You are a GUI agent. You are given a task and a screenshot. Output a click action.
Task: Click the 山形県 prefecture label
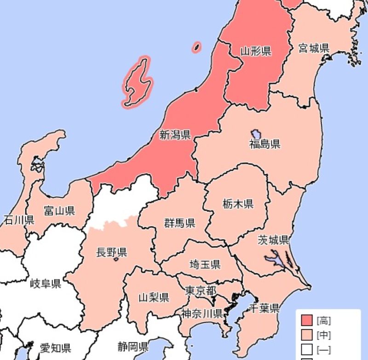click(x=256, y=51)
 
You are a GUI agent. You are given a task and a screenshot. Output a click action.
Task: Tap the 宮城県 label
click(x=314, y=48)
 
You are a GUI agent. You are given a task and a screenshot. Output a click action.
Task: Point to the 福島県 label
click(x=265, y=145)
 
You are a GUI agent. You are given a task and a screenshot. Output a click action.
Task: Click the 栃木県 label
click(x=238, y=203)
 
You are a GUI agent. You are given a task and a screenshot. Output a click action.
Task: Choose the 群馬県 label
click(x=180, y=223)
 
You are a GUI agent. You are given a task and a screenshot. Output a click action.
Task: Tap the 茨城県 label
click(x=273, y=240)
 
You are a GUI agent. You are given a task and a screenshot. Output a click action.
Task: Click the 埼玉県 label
click(x=205, y=264)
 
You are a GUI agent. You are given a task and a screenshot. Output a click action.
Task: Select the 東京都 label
click(x=201, y=290)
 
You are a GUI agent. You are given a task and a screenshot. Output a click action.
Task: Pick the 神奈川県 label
click(x=201, y=314)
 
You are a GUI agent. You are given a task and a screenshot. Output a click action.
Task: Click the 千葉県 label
click(x=264, y=308)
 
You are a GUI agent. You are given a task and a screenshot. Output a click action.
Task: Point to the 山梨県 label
click(x=154, y=297)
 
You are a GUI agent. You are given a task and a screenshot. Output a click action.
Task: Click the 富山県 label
click(x=59, y=211)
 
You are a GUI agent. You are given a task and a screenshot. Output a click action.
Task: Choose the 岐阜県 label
click(x=46, y=283)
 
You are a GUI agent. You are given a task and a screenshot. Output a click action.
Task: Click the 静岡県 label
click(x=132, y=346)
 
